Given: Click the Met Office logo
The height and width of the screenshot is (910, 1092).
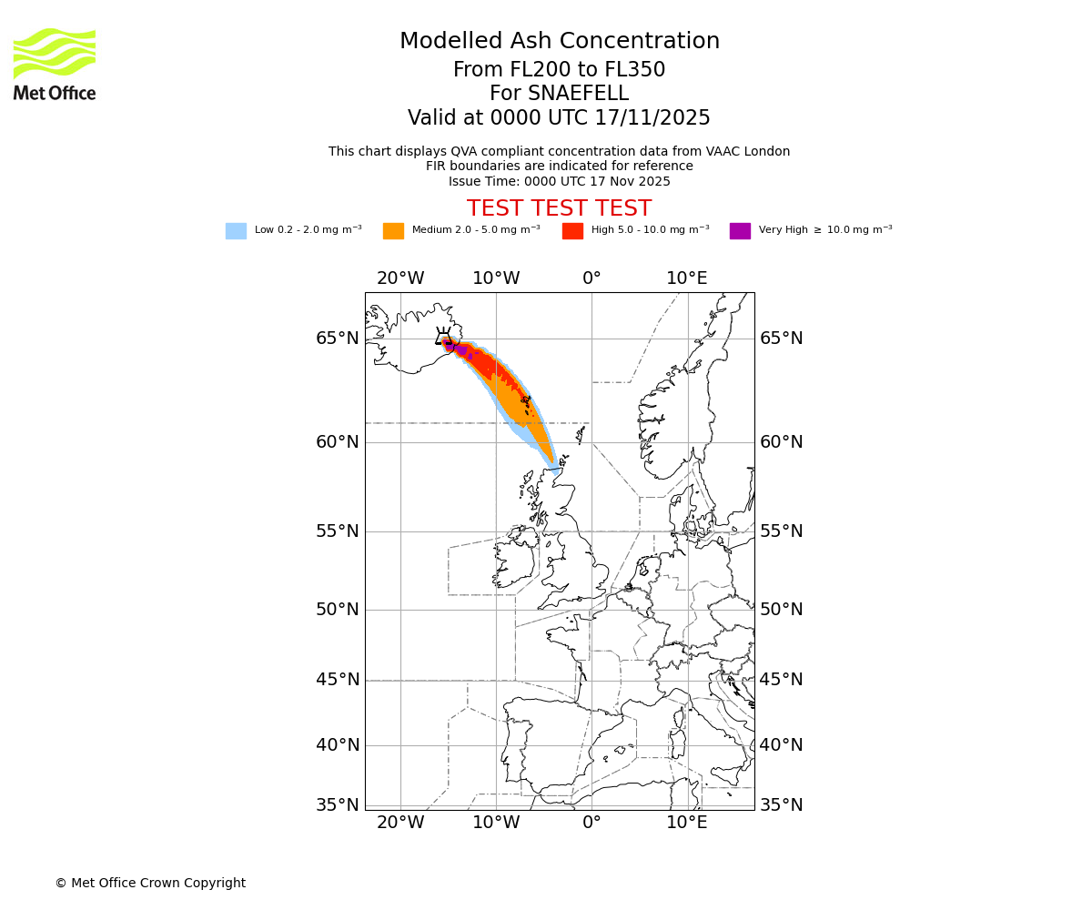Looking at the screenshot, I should click(x=55, y=64).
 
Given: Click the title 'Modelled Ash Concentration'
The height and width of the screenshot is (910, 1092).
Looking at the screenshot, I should click(x=560, y=41).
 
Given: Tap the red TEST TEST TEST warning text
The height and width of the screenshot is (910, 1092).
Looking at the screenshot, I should click(x=559, y=208).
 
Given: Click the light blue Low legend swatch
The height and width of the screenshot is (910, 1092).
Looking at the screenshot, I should click(x=236, y=231).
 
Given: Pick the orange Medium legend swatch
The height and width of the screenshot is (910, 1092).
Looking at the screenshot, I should click(x=393, y=231).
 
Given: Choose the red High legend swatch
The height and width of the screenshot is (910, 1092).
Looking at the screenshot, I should click(x=572, y=231).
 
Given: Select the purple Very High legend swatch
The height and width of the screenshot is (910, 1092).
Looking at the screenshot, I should click(x=740, y=231).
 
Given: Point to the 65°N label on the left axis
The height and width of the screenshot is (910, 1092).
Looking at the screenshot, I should click(x=337, y=339).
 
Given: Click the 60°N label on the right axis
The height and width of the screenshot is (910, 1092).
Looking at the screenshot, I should click(x=782, y=442).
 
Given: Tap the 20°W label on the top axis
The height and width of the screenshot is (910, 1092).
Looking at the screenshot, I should click(x=400, y=278).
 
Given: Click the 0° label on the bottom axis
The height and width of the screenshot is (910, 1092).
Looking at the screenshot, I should click(x=591, y=823).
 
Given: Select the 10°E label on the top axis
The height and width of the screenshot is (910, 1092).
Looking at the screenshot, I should click(x=687, y=278).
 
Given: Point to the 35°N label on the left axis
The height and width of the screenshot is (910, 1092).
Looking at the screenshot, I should click(x=337, y=805).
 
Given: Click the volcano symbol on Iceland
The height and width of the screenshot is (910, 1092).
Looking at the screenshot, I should click(x=443, y=336).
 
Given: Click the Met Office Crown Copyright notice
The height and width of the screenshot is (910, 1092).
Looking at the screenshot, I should click(x=150, y=883).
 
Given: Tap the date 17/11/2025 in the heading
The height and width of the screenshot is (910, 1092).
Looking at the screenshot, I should click(x=652, y=118).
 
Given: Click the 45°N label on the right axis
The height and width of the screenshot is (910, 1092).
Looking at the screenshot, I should click(x=782, y=680).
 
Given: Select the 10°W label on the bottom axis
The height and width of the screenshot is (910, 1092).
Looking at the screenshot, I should click(x=496, y=823).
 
